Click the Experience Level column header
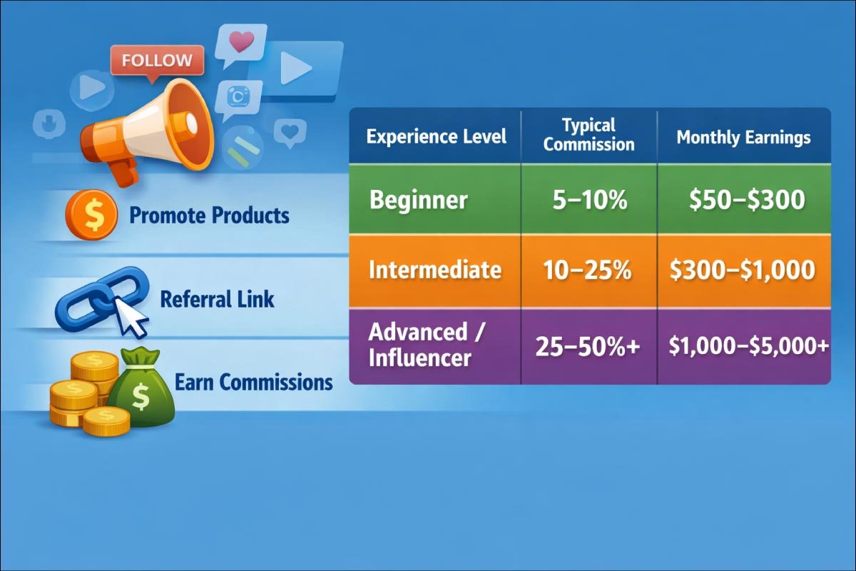click(x=436, y=136)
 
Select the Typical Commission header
click(x=588, y=135)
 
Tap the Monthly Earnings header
click(x=743, y=137)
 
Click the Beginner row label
click(x=419, y=200)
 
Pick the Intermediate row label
click(x=435, y=270)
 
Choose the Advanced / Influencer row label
click(x=419, y=344)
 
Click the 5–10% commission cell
click(x=589, y=201)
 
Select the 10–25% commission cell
click(x=589, y=270)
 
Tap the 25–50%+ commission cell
click(x=588, y=346)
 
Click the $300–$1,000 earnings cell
click(x=743, y=270)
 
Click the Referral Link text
click(x=217, y=298)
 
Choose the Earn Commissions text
click(x=253, y=382)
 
